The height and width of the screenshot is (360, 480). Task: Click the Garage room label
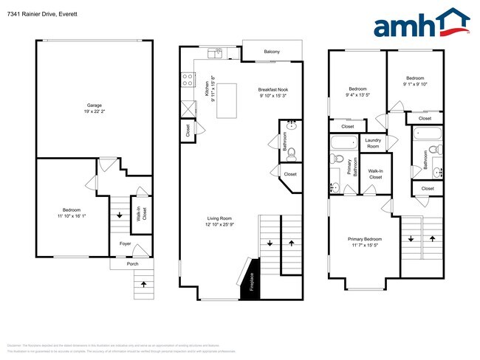(95, 105)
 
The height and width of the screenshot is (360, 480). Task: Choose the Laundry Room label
(372, 143)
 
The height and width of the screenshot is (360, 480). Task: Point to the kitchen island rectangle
(227, 100)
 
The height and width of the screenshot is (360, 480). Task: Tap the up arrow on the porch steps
(143, 283)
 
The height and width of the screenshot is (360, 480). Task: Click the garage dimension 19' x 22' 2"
(95, 112)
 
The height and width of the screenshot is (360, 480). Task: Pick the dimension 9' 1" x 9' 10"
(415, 83)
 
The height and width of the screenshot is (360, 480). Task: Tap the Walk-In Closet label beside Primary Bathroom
(375, 174)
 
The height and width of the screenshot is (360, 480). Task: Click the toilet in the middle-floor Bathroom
(291, 153)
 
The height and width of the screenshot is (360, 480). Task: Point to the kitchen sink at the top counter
(216, 52)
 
